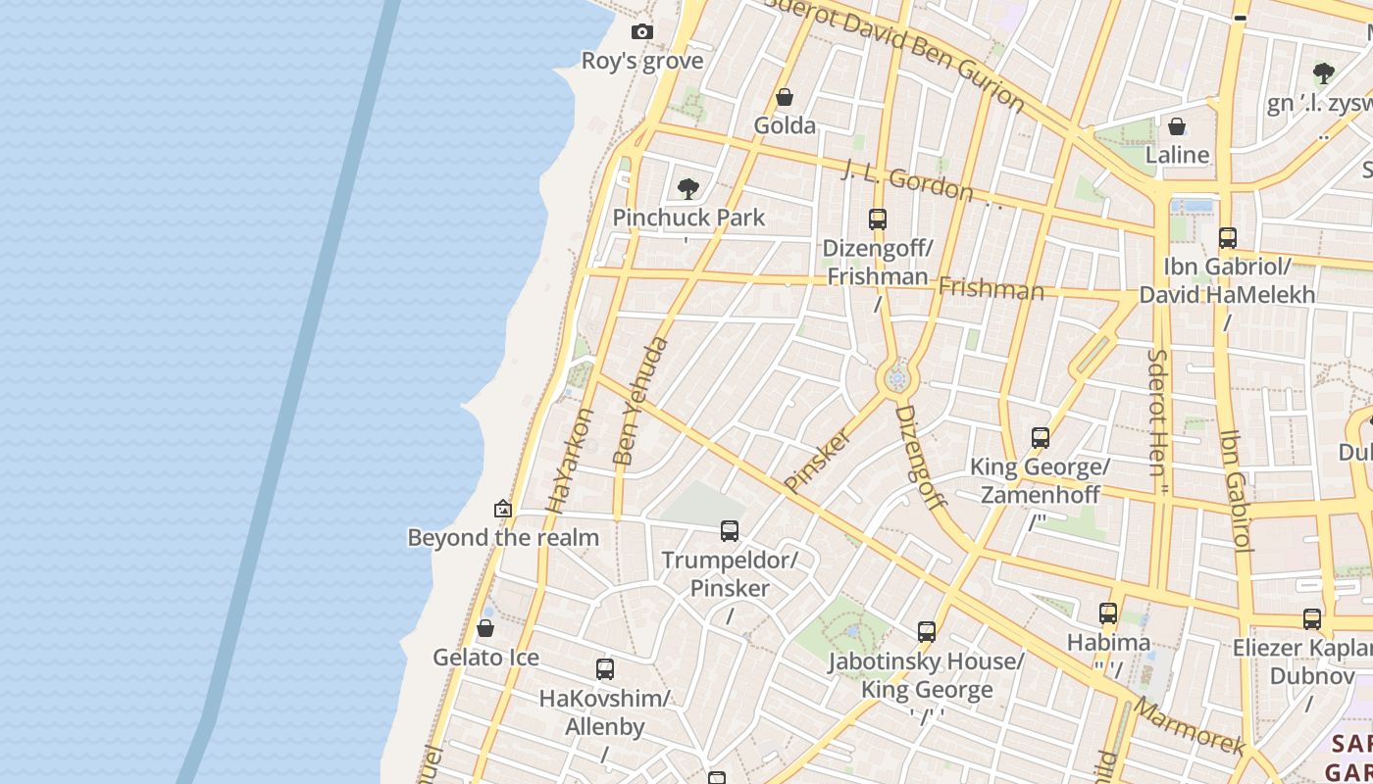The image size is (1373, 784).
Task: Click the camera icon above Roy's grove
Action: [x=642, y=32]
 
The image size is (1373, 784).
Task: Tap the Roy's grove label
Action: [x=642, y=61]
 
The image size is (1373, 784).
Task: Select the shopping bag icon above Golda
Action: [x=785, y=97]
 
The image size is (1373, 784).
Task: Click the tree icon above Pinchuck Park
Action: [x=688, y=188]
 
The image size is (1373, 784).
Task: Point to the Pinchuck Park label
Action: [x=688, y=218]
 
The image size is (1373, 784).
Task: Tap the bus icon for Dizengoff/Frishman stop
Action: [x=878, y=220]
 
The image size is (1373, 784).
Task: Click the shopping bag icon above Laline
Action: [x=1177, y=126]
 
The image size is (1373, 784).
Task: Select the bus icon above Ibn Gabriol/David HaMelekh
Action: [x=1227, y=238]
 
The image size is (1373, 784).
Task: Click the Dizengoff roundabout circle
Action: [x=896, y=378]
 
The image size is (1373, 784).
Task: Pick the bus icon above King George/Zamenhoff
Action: [x=1041, y=438]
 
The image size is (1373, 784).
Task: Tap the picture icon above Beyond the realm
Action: [x=503, y=509]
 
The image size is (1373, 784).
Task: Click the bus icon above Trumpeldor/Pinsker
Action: [x=730, y=531]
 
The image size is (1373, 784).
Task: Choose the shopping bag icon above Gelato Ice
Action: [x=485, y=628]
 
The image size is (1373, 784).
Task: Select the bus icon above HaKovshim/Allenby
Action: [x=605, y=669]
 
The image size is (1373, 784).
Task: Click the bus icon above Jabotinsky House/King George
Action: [x=927, y=632]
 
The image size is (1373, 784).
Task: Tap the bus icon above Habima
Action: [x=1108, y=614]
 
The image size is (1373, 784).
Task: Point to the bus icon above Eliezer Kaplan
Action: [x=1312, y=619]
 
